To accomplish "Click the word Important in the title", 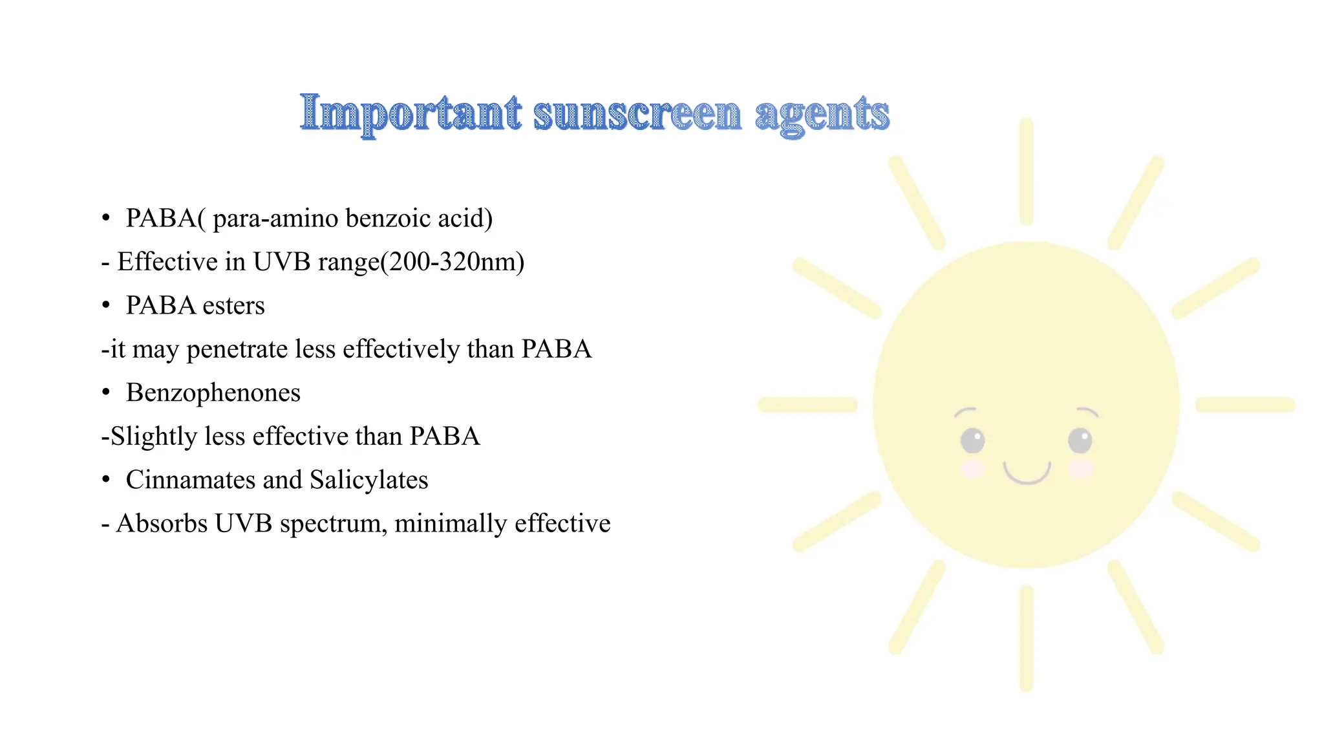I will [411, 113].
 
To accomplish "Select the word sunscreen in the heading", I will [637, 114].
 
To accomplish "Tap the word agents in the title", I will [822, 114].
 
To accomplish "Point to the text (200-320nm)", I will [453, 262].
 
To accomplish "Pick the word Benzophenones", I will [213, 393].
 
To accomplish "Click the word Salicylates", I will [368, 480].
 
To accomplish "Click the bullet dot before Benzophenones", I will [106, 393].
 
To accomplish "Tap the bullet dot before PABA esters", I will [106, 305].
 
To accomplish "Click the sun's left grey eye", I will [972, 441].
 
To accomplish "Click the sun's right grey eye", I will [1080, 441].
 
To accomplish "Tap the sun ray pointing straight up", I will [1026, 171].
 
